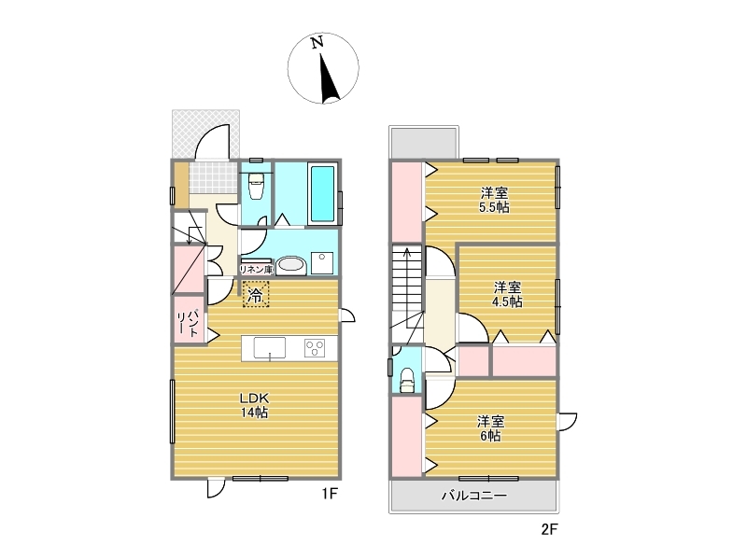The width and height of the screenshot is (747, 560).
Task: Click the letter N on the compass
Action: pyautogui.click(x=317, y=42)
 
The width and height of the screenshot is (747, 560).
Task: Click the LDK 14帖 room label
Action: pyautogui.click(x=254, y=405)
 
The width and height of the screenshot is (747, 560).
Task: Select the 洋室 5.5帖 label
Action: pyautogui.click(x=495, y=201)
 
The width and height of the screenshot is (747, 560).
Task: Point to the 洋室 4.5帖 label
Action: pyautogui.click(x=507, y=295)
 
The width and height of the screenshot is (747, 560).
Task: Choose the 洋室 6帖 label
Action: pyautogui.click(x=491, y=428)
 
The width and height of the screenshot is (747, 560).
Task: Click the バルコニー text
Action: pyautogui.click(x=474, y=496)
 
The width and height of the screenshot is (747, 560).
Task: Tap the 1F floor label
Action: pyautogui.click(x=330, y=494)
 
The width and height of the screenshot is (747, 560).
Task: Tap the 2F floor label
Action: pyautogui.click(x=549, y=529)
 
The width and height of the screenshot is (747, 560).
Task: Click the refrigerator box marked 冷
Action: pyautogui.click(x=256, y=294)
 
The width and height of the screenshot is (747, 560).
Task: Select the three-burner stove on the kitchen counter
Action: pyautogui.click(x=315, y=348)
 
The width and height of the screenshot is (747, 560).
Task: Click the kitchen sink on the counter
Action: pyautogui.click(x=270, y=347)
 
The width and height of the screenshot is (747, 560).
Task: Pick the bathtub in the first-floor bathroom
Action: pyautogui.click(x=322, y=193)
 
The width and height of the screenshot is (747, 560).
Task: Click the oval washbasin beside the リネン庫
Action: pyautogui.click(x=290, y=265)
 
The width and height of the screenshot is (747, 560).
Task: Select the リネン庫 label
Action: pyautogui.click(x=256, y=270)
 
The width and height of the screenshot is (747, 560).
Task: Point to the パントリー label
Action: pyautogui.click(x=188, y=323)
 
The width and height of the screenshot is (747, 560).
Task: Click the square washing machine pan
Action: pyautogui.click(x=322, y=263)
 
